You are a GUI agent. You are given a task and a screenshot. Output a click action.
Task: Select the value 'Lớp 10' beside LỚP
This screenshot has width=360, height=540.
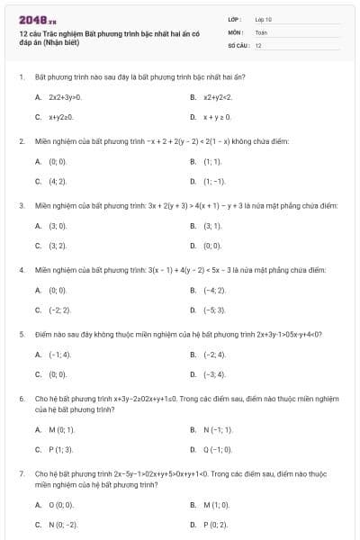(265, 18)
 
